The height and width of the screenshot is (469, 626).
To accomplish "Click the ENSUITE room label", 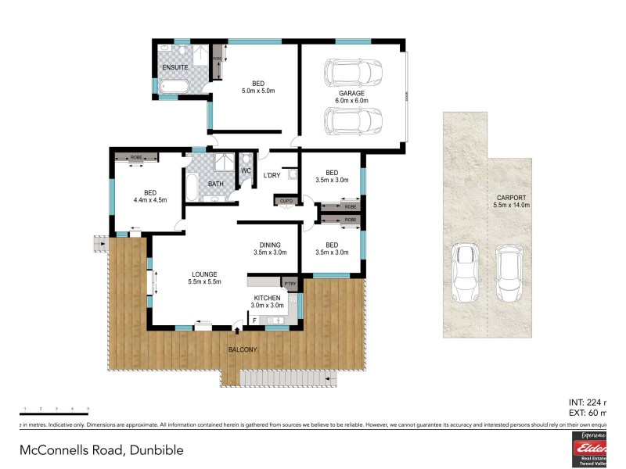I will click(x=174, y=67).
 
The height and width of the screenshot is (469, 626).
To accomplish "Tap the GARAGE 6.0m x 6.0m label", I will click(x=351, y=97).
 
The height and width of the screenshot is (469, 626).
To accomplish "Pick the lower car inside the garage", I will click(x=352, y=122).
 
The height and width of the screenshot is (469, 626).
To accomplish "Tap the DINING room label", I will click(x=270, y=248).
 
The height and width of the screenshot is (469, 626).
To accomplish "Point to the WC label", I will click(x=246, y=170).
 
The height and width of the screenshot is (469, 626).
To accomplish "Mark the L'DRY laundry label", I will click(x=272, y=175).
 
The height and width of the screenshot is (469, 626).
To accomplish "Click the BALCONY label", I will click(x=242, y=349).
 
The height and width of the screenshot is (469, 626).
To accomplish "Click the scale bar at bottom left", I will click(x=55, y=412).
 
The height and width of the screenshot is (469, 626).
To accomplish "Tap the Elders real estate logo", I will click(x=588, y=449).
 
